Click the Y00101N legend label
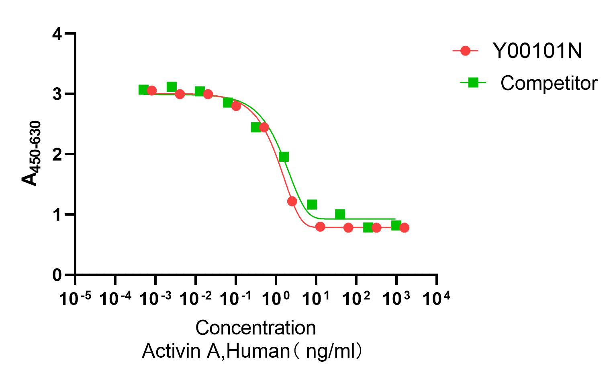537,51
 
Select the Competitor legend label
549,83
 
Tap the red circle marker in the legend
465,51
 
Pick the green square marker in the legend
473,83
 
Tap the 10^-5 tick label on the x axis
75,299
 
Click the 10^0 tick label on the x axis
276,299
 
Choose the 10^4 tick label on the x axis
436,299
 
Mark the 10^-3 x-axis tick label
155,299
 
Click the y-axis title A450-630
31,154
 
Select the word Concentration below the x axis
255,328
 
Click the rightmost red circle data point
404,228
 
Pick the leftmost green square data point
143,90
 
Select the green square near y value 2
284,157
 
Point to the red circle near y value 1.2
292,201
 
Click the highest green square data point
172,87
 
